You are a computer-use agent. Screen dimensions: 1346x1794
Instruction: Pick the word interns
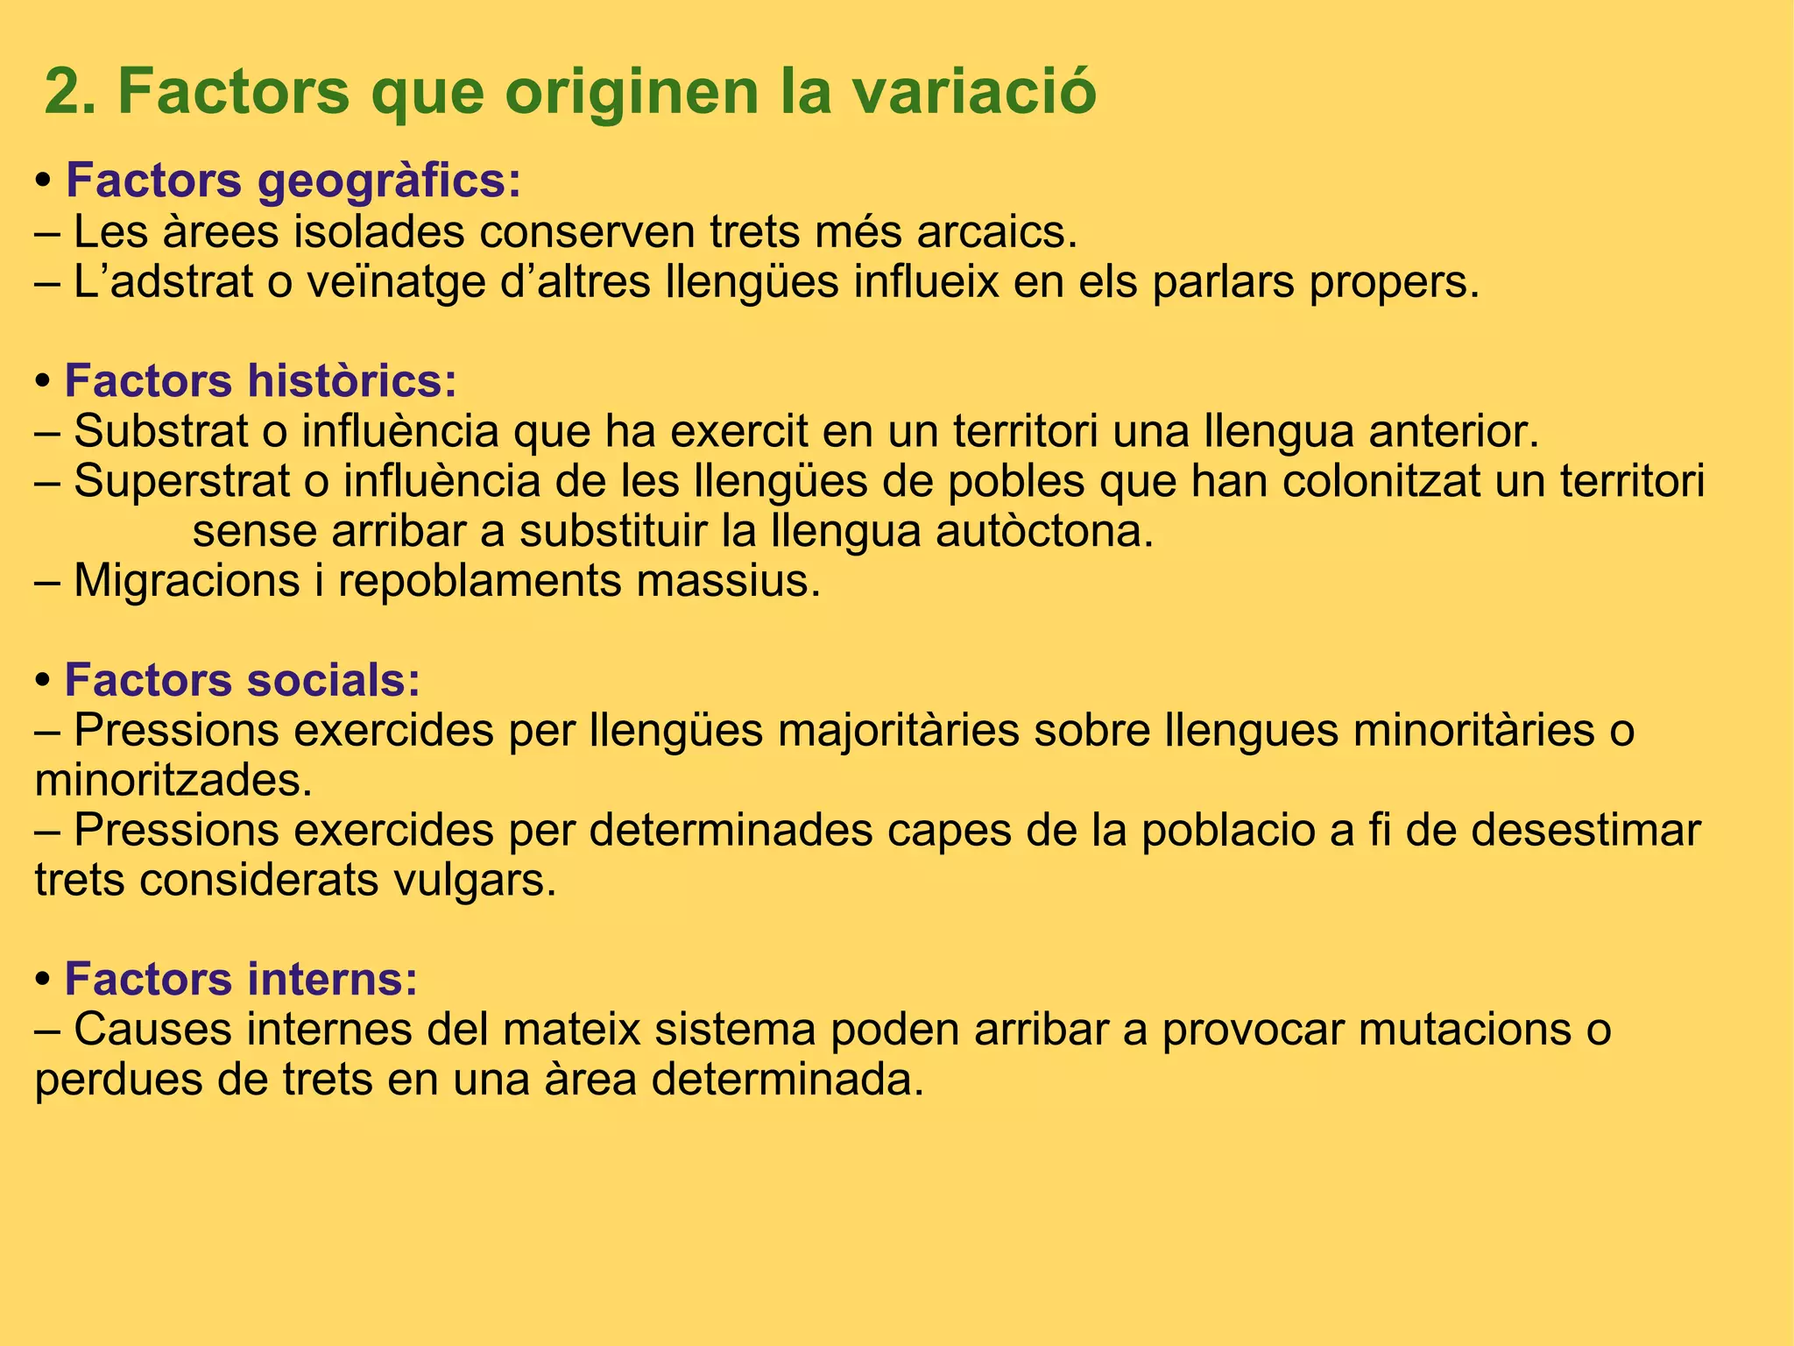click(332, 980)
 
